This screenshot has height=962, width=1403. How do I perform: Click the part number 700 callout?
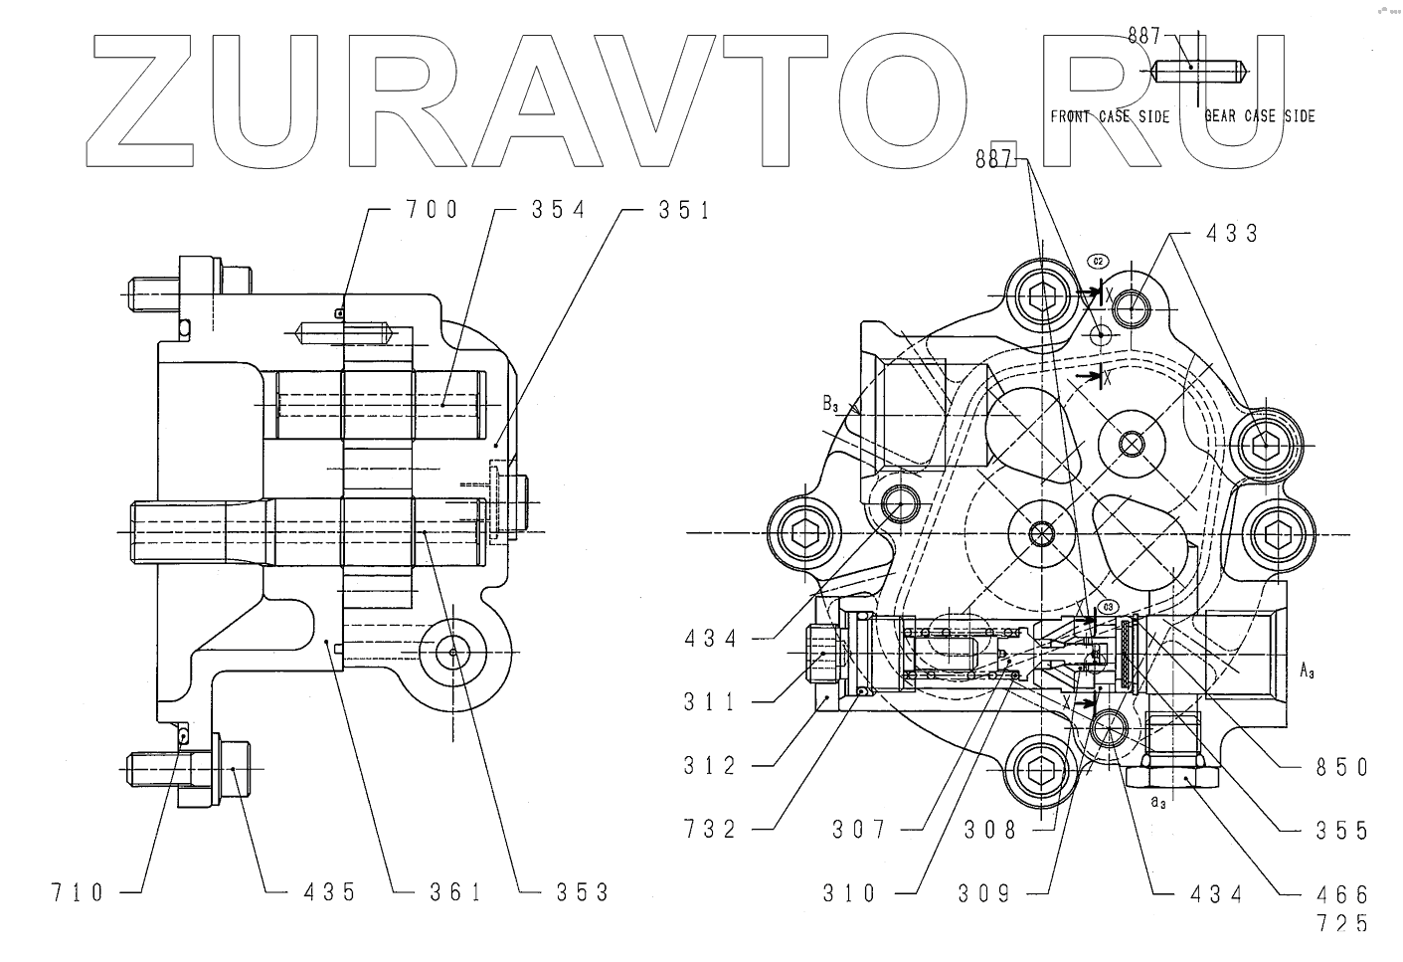(x=432, y=210)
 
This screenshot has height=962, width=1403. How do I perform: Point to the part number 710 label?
(x=78, y=892)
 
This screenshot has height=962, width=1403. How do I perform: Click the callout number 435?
(x=329, y=892)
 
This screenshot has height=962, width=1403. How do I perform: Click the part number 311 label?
(x=710, y=702)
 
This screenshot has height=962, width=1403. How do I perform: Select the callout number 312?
(x=710, y=766)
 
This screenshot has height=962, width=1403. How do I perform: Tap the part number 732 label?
(x=710, y=830)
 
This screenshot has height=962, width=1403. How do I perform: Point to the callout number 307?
(x=858, y=830)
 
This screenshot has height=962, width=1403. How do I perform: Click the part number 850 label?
(x=1341, y=767)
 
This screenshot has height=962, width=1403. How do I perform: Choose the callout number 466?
(x=1341, y=894)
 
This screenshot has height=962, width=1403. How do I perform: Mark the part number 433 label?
(x=1232, y=234)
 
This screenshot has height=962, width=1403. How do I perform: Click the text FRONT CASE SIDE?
(x=1110, y=116)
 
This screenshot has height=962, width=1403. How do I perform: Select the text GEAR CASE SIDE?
(x=1260, y=116)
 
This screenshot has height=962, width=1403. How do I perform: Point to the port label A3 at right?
(x=1309, y=672)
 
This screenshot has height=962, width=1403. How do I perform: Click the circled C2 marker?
(x=1099, y=261)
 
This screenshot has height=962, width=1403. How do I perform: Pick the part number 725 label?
(x=1341, y=924)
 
